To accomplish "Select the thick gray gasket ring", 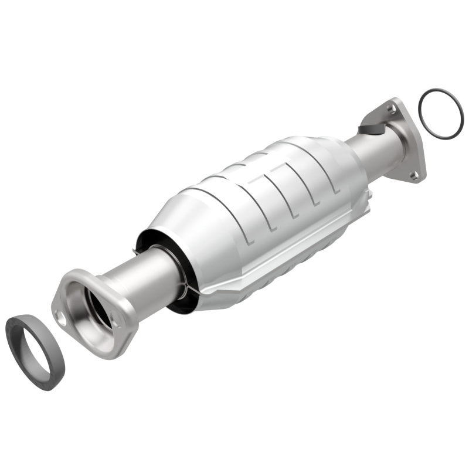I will click(x=18, y=346).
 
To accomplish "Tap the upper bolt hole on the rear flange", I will click(x=391, y=108).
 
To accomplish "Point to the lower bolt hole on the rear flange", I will click(x=414, y=174).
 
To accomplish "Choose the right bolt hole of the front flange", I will click(x=115, y=320).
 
